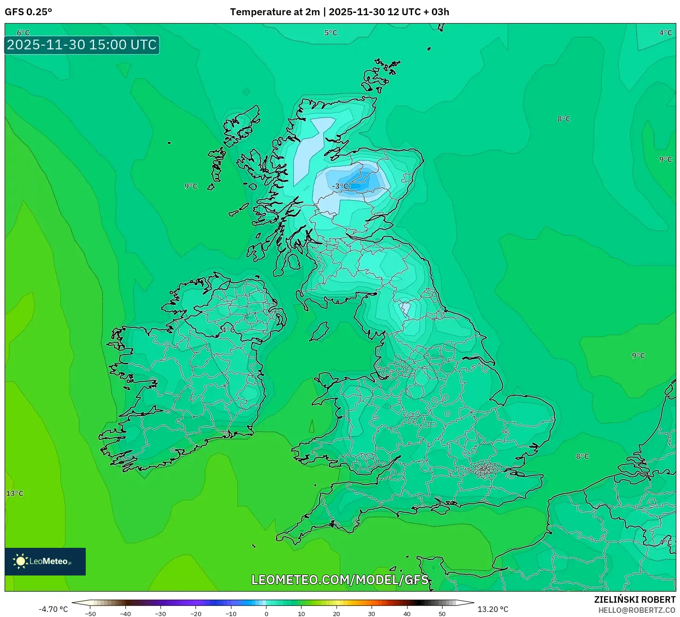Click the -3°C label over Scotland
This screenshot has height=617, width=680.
tap(340, 186)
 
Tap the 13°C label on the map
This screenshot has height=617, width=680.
tap(15, 493)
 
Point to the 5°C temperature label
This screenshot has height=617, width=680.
tap(331, 33)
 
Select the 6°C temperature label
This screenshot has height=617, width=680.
tap(23, 33)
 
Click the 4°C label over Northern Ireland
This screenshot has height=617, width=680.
tap(228, 330)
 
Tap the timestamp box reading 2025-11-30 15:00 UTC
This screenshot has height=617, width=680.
tap(82, 45)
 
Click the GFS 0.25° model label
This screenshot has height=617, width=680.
tap(28, 12)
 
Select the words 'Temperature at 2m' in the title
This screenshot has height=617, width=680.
tap(275, 12)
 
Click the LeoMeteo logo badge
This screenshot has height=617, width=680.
tap(45, 561)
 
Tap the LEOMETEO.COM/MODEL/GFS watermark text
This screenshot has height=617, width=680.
tap(340, 580)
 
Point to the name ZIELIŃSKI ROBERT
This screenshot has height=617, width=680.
tap(634, 599)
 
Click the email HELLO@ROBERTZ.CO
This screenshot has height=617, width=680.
tap(637, 610)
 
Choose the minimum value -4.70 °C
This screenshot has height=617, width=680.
tap(53, 609)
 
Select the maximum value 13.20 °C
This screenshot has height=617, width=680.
tap(493, 609)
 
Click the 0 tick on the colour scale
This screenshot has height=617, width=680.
tap(266, 614)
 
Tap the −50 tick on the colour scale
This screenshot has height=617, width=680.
tap(90, 614)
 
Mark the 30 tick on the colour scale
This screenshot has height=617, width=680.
tap(372, 614)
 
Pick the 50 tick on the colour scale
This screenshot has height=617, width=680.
tap(442, 614)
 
